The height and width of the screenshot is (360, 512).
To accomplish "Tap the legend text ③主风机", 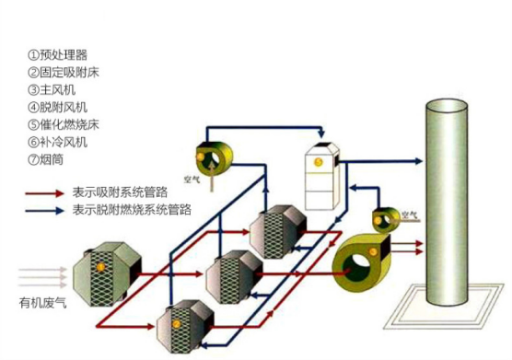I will [57, 89].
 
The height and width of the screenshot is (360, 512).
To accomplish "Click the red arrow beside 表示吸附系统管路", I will [44, 194].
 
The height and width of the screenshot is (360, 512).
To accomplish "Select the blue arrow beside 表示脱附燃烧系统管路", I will [44, 211].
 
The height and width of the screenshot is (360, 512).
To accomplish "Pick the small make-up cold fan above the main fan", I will [386, 221].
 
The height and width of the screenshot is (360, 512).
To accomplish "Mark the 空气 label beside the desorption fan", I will [193, 181].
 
